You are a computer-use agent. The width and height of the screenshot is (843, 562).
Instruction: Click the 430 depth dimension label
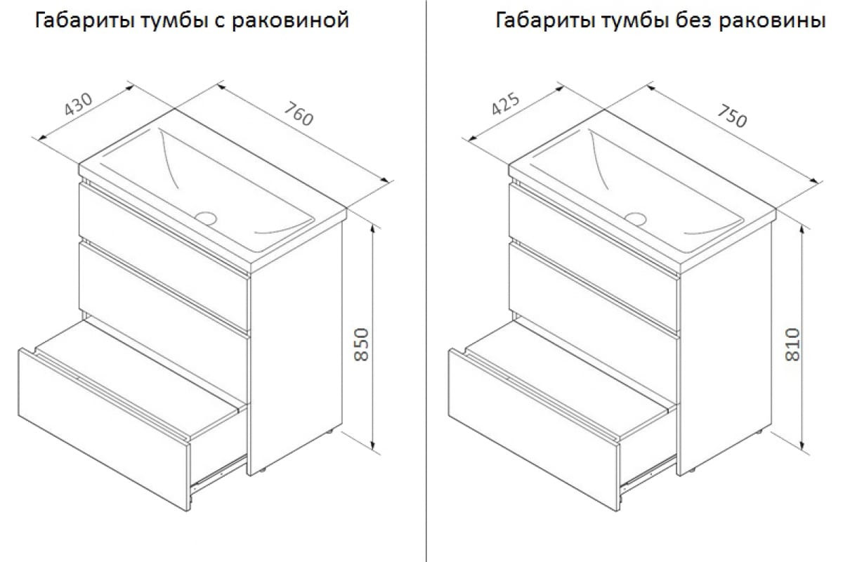[x=79, y=104]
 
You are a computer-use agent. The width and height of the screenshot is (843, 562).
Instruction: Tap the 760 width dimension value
[x=299, y=114]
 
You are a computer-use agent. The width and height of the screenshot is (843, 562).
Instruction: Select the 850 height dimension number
[x=362, y=344]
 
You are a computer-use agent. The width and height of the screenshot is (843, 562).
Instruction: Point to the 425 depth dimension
[x=506, y=103]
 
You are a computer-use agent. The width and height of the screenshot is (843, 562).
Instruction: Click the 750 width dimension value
[x=731, y=117]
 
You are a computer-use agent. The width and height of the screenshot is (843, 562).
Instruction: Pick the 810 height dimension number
[x=792, y=344]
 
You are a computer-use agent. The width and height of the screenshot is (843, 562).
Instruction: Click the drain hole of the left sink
[x=206, y=218]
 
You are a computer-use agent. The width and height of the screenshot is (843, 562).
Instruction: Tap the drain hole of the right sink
[x=636, y=218]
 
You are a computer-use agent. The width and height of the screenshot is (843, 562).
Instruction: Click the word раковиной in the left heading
[x=290, y=20]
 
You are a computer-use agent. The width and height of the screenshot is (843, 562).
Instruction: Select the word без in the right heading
[x=693, y=20]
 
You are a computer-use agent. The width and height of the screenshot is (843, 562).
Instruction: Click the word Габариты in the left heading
[x=85, y=20]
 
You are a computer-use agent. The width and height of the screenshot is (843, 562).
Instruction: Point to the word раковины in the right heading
[x=773, y=20]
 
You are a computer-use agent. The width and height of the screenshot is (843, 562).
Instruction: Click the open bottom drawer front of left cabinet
[x=103, y=429]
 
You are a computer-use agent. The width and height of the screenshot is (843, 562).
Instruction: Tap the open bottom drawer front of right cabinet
[x=534, y=429]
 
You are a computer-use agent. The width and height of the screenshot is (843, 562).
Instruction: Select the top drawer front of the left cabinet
[x=164, y=230]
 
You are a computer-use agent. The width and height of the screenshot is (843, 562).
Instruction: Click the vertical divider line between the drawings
[x=426, y=281]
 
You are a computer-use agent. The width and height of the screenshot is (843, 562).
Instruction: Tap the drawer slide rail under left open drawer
[x=218, y=475]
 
